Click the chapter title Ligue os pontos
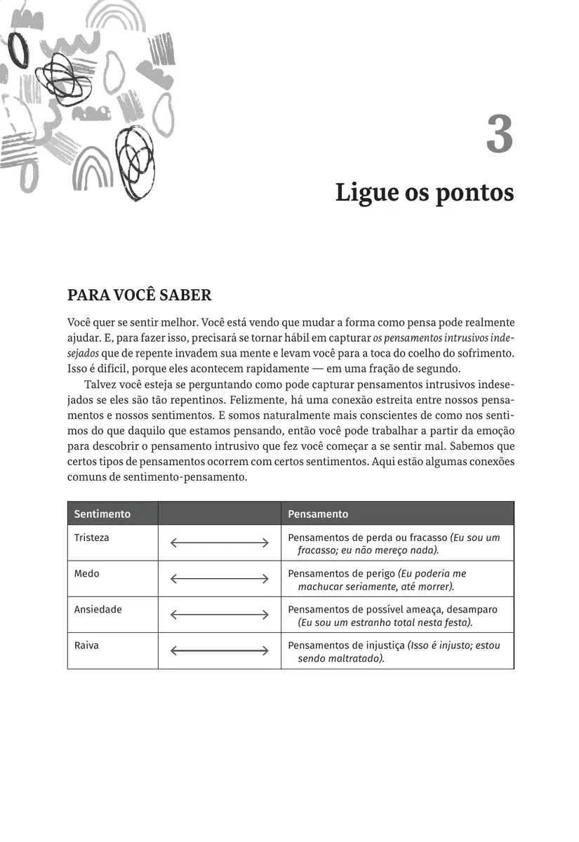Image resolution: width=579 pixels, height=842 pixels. coord(424,192)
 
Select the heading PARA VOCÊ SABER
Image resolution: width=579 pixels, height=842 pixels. coord(139,295)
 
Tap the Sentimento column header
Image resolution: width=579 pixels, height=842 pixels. coord(102,514)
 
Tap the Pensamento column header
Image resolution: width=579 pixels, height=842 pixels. coord(318,514)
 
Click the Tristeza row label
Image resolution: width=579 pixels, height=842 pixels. coord(92,537)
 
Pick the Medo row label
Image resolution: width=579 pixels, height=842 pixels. coord(87,573)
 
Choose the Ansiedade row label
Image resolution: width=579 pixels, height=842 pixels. coord(98,609)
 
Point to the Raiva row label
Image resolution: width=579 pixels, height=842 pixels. coord(87,645)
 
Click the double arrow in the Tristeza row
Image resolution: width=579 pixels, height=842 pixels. coord(220,542)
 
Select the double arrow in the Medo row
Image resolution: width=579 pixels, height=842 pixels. coord(220,579)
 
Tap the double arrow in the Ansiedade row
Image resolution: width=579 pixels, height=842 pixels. coord(220,615)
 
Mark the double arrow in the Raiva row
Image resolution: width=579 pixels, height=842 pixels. coord(220,650)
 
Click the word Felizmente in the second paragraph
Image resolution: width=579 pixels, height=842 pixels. coord(290,400)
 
